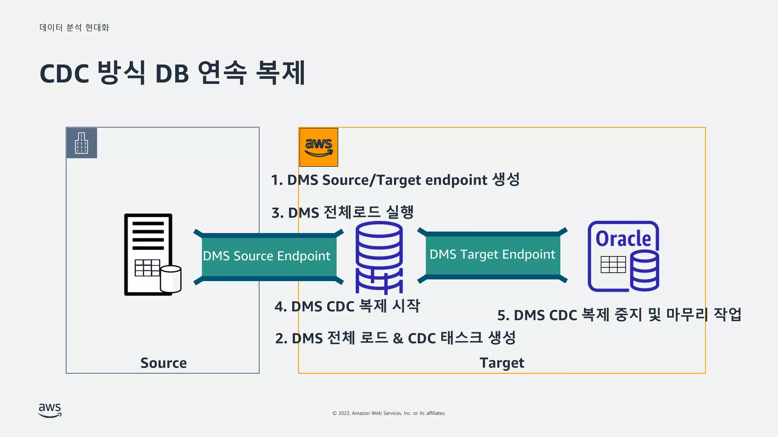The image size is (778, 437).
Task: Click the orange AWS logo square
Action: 318,147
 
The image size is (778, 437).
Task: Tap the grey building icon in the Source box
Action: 82,143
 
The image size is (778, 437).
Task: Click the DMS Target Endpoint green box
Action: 492,255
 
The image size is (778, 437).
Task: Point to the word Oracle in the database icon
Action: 623,239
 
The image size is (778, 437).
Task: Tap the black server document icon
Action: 149,254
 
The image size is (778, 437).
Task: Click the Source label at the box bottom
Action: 163,363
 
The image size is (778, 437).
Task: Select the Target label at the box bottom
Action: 501,363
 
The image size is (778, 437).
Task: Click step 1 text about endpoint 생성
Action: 395,180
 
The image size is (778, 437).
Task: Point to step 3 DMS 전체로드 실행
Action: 342,212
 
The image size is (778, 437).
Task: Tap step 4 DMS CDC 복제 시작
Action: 347,306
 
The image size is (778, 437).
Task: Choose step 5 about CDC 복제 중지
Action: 619,315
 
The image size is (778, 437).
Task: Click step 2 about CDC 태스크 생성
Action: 395,338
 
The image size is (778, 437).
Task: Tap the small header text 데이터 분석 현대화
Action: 74,28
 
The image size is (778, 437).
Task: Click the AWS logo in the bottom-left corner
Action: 50,410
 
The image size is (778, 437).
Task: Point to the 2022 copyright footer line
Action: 389,413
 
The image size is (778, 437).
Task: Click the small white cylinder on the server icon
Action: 171,279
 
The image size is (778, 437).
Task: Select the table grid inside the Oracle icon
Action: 613,264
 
